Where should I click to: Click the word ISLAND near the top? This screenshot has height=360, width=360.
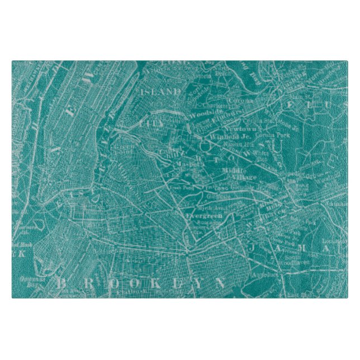161,91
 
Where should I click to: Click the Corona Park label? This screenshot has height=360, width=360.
270,135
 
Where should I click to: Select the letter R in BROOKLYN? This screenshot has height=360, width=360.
82,283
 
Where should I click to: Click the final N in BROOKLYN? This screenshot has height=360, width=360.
219,283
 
